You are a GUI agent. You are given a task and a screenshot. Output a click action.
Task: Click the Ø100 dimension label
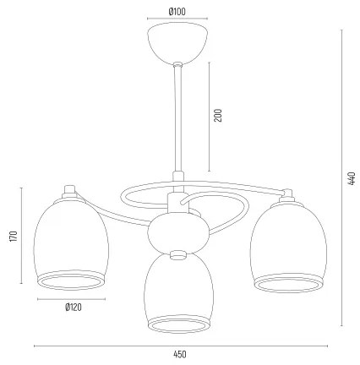177,11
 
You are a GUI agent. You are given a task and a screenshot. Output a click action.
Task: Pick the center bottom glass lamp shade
178,296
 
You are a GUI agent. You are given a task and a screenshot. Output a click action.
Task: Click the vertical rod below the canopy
178,118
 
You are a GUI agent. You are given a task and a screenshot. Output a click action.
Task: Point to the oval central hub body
178,231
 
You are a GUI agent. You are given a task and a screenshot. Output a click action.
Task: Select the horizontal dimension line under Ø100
177,20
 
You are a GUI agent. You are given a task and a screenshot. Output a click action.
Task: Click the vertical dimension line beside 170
23,237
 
